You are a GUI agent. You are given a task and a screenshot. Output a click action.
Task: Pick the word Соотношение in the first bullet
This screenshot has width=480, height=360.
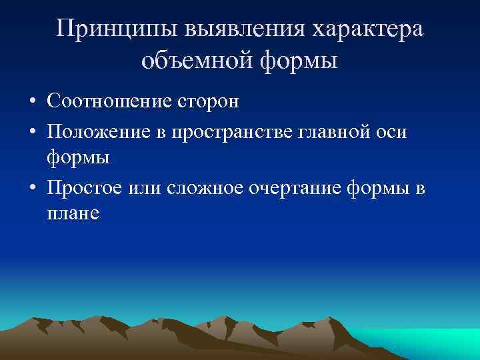click(109, 101)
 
